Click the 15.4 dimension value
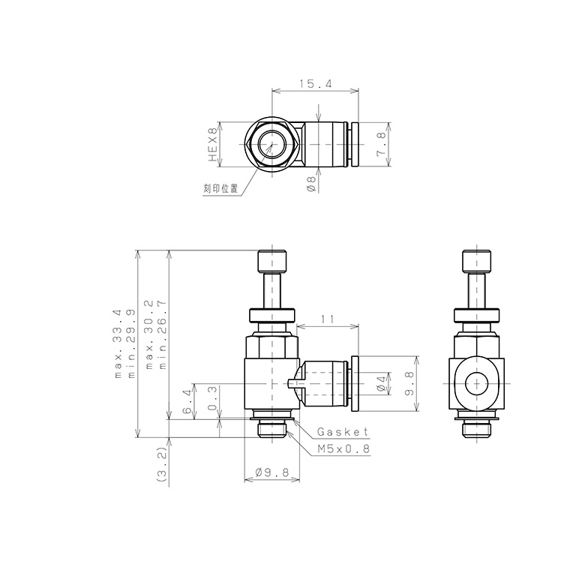tap(315, 85)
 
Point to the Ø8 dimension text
tap(310, 184)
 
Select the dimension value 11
tap(326, 319)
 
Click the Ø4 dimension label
tap(382, 383)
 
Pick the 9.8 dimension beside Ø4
tap(408, 383)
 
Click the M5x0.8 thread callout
tap(343, 449)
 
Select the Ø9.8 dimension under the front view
tap(272, 473)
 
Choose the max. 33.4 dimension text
tap(118, 343)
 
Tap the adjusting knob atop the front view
tap(272, 262)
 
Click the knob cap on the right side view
tap(475, 262)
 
